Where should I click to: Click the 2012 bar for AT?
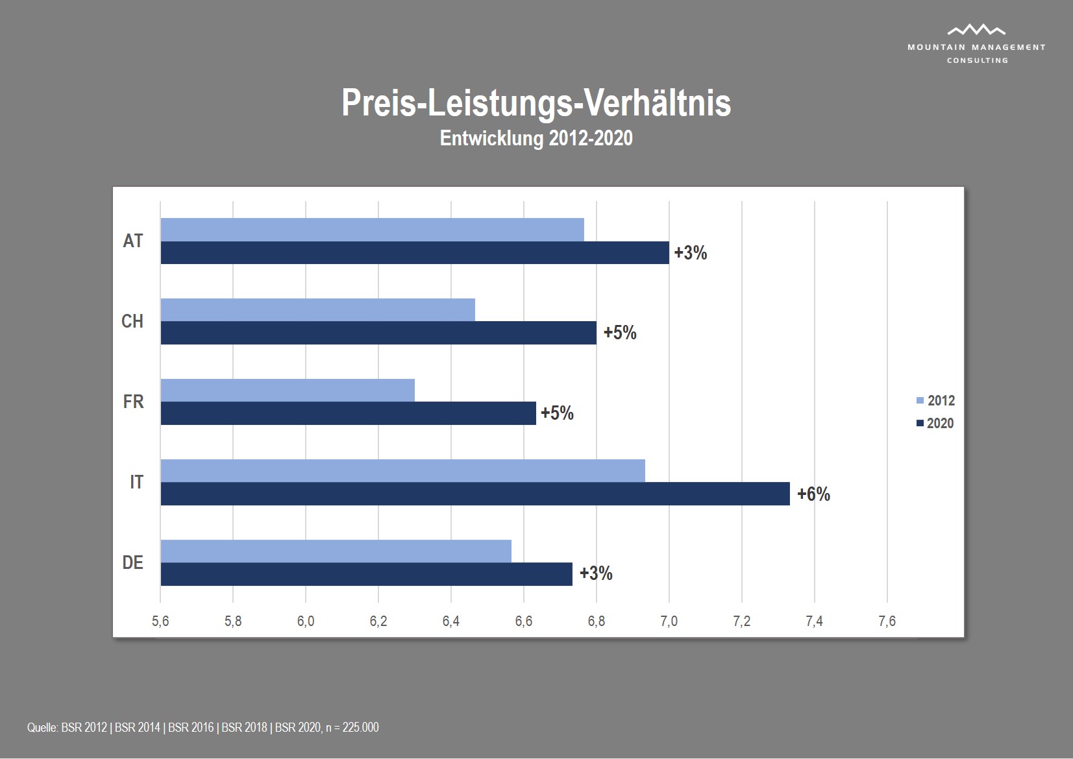tap(372, 230)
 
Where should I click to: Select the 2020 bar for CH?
tap(378, 333)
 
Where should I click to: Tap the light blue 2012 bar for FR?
tap(288, 391)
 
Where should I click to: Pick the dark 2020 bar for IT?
tap(475, 494)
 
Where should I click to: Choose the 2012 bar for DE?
tap(336, 551)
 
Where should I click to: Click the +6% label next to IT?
tap(813, 494)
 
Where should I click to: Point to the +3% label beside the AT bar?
tap(691, 253)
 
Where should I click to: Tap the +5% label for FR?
tap(557, 413)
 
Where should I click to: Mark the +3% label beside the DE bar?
tap(596, 573)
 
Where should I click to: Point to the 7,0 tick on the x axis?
tap(669, 621)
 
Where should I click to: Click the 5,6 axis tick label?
tap(160, 621)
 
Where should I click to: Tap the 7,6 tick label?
tap(887, 621)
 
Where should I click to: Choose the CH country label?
tap(132, 321)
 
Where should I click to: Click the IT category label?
tap(136, 482)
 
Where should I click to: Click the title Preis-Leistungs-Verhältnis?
tap(536, 102)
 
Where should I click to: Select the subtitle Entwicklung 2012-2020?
tap(536, 138)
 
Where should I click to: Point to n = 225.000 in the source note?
tap(352, 727)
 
